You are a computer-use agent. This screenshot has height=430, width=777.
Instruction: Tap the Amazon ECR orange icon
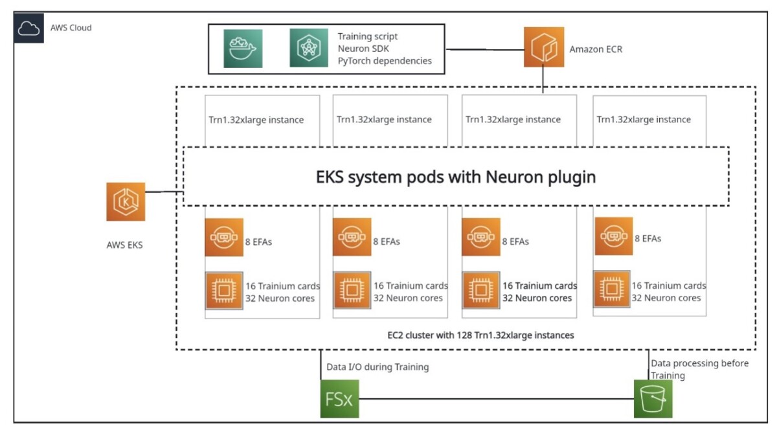pos(543,47)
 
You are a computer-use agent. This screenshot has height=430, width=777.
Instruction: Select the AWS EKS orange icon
pos(126,201)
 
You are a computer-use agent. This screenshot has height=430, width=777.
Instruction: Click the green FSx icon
pos(339,398)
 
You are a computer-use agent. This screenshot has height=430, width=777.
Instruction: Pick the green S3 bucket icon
pos(653,398)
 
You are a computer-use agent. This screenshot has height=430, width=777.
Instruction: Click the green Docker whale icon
pos(243,49)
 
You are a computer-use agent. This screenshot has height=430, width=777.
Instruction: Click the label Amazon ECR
pos(596,49)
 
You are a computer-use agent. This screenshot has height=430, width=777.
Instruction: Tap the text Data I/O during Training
pos(377,367)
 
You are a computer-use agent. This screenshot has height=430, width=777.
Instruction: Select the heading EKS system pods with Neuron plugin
pos(456,177)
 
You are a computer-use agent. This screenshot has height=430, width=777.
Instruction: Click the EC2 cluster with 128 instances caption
pos(477,335)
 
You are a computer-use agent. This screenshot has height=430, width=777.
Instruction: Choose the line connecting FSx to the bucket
pos(495,399)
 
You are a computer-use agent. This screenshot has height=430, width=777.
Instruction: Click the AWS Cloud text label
pos(71,28)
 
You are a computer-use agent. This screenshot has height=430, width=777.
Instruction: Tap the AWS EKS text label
pos(124,245)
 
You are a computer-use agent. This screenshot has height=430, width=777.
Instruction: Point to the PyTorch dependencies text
pos(384,61)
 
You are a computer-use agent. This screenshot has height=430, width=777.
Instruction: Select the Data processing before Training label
pos(699,369)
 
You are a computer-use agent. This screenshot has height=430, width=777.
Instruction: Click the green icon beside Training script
pos(309,49)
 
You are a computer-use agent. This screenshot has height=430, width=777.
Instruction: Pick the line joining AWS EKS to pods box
pos(164,192)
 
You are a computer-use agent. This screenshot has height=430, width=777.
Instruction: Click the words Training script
pos(367,36)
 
